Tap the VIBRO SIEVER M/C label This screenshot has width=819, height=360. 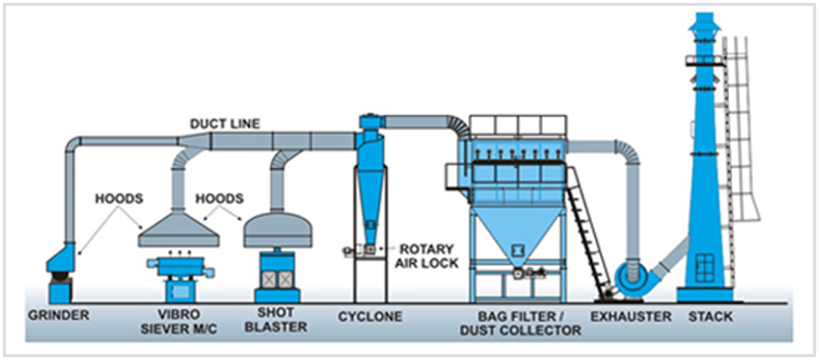tap(178, 323)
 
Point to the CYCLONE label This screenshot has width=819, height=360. tap(369, 316)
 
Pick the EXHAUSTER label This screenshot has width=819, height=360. tap(631, 316)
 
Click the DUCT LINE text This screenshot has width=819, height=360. tap(225, 124)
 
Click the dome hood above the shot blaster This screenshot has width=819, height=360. tap(278, 230)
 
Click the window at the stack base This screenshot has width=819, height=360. tap(705, 268)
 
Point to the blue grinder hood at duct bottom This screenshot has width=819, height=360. tap(61, 258)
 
